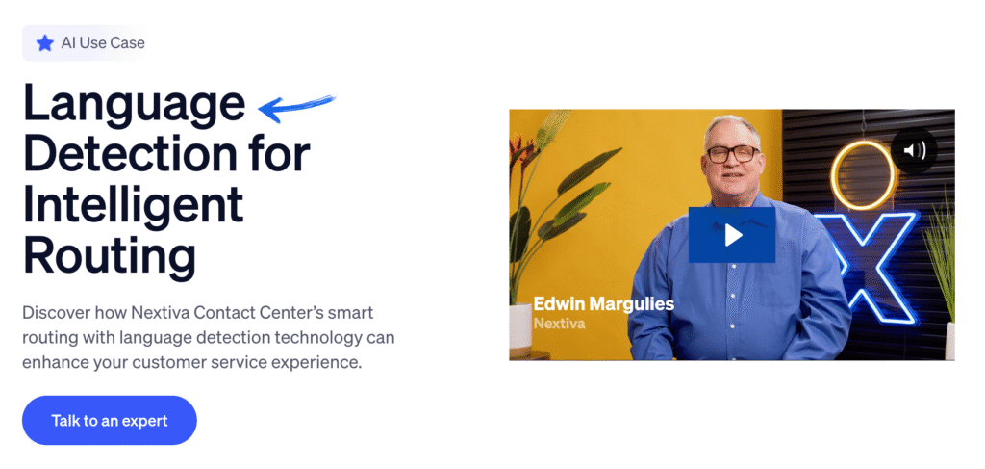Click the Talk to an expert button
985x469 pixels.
[x=110, y=420]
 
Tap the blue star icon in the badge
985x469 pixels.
[x=44, y=43]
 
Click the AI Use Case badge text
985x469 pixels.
[x=103, y=43]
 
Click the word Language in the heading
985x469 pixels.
[x=133, y=102]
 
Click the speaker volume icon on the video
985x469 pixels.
[x=915, y=150]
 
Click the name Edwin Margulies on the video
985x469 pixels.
[x=604, y=304]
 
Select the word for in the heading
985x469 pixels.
[x=283, y=154]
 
